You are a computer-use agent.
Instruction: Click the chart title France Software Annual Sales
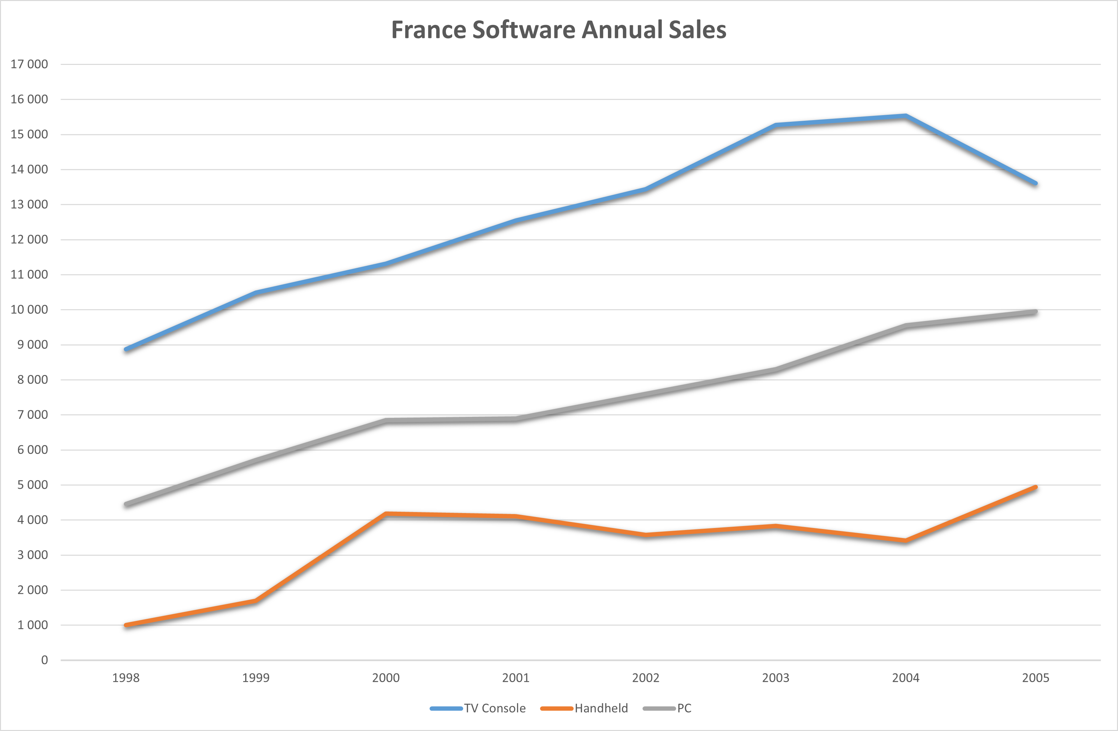click(559, 30)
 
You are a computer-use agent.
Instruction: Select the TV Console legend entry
click(478, 708)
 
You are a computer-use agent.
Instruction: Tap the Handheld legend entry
click(584, 708)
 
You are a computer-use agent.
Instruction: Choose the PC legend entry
click(667, 708)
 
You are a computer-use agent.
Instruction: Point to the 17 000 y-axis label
click(29, 64)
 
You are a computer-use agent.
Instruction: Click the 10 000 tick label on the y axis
click(29, 309)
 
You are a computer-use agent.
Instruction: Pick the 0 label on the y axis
click(45, 660)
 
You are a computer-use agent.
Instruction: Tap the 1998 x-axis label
click(126, 677)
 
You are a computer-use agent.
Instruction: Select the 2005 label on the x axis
click(1035, 677)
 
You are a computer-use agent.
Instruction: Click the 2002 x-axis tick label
click(646, 677)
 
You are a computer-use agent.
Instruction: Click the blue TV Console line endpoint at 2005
click(1035, 183)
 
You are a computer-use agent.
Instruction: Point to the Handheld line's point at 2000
click(386, 514)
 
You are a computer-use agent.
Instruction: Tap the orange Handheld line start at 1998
click(126, 625)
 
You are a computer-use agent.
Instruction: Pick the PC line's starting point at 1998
click(126, 504)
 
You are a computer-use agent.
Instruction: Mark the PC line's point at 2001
click(516, 419)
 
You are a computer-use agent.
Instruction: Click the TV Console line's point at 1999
click(256, 293)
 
